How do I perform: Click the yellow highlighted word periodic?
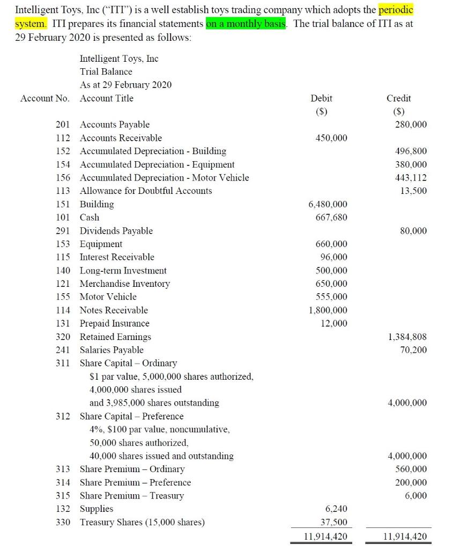point(396,10)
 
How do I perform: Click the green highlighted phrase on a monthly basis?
point(247,24)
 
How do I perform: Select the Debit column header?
point(321,98)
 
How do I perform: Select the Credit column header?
point(398,98)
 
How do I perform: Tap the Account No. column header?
point(43,98)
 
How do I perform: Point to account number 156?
point(64,178)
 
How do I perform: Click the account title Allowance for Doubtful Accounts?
point(146,191)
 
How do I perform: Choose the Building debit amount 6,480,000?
point(328,204)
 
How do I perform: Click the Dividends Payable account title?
point(116,231)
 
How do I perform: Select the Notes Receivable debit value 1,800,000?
point(328,310)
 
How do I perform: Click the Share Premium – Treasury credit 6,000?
point(416,495)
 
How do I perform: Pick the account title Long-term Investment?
point(123,271)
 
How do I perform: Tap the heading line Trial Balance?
point(106,71)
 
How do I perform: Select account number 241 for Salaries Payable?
point(64,350)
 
